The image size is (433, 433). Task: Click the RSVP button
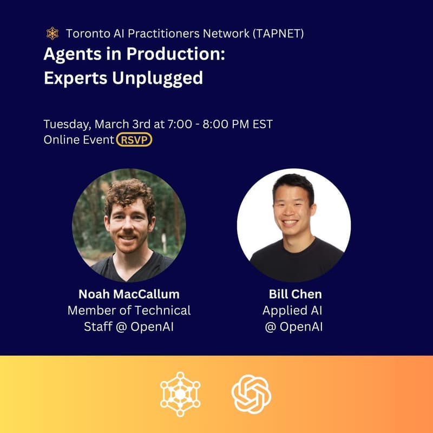pos(135,140)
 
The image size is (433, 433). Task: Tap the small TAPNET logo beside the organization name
pos(53,34)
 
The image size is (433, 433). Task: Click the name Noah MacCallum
pos(129,294)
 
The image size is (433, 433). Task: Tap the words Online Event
pos(78,140)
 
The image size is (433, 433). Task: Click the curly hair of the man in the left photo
pos(130,193)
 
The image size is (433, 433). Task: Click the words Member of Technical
pos(129,311)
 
